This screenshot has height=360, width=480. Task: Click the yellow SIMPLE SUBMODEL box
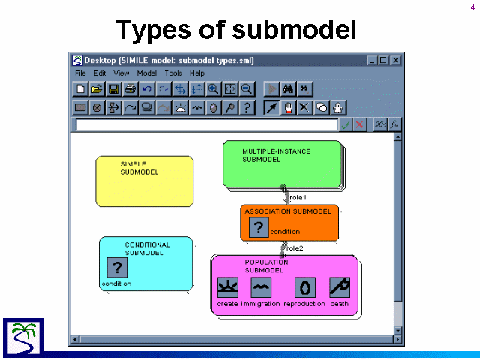pyautogui.click(x=145, y=181)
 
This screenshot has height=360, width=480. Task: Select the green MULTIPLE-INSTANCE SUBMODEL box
pyautogui.click(x=283, y=165)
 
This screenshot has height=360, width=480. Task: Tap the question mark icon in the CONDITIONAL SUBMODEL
pyautogui.click(x=117, y=267)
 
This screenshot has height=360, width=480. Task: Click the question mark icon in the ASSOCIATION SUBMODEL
pyautogui.click(x=259, y=227)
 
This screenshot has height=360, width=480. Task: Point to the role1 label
pyautogui.click(x=298, y=198)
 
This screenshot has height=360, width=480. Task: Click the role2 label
pyautogui.click(x=295, y=248)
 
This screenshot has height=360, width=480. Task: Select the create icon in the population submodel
pyautogui.click(x=228, y=287)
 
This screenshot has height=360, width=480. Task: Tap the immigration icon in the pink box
pyautogui.click(x=261, y=287)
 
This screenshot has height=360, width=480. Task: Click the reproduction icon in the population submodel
pyautogui.click(x=305, y=287)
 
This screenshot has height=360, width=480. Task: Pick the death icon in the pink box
pyautogui.click(x=340, y=287)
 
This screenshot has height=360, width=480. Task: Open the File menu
pyautogui.click(x=80, y=73)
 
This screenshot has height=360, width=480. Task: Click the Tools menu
pyautogui.click(x=173, y=73)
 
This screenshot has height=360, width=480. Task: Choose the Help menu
pyautogui.click(x=196, y=73)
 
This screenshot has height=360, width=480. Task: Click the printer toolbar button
pyautogui.click(x=130, y=89)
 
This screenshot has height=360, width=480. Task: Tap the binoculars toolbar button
pyautogui.click(x=288, y=89)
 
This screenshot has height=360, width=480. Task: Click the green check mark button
pyautogui.click(x=346, y=124)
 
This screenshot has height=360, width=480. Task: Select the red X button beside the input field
pyautogui.click(x=360, y=124)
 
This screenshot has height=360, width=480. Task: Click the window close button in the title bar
pyautogui.click(x=395, y=60)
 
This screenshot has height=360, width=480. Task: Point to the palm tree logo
pyautogui.click(x=23, y=337)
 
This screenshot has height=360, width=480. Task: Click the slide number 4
pyautogui.click(x=472, y=7)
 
